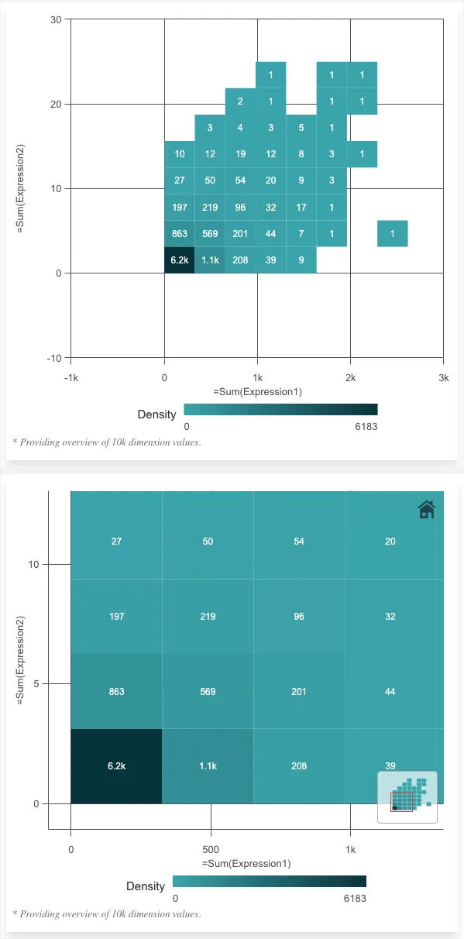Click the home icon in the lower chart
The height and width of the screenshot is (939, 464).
[x=426, y=509]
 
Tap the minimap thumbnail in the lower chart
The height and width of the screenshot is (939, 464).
[x=407, y=797]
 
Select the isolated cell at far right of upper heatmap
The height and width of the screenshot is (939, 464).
[x=393, y=233]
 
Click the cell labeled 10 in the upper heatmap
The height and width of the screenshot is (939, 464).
[x=180, y=154]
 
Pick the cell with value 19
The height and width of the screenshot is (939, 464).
[x=240, y=154]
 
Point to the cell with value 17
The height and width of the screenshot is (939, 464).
[x=301, y=207]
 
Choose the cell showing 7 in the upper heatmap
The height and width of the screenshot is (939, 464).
[x=301, y=233]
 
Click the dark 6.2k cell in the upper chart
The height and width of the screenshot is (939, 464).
[x=180, y=260]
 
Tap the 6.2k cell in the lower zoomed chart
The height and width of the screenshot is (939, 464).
[x=116, y=765]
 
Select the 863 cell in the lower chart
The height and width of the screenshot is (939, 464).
[x=116, y=691]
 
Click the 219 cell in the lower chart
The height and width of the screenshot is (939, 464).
[x=208, y=617]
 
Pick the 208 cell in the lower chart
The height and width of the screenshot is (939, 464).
[x=299, y=765]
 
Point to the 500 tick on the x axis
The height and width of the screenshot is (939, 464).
[x=211, y=849]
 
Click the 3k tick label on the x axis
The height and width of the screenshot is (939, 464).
[x=443, y=377]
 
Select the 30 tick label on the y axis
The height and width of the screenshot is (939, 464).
[x=56, y=19]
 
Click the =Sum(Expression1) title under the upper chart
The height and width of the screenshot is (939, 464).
[x=257, y=391]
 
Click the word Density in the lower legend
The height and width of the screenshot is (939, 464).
[x=146, y=886]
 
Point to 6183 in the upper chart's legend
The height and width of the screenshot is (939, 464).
[x=366, y=427]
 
